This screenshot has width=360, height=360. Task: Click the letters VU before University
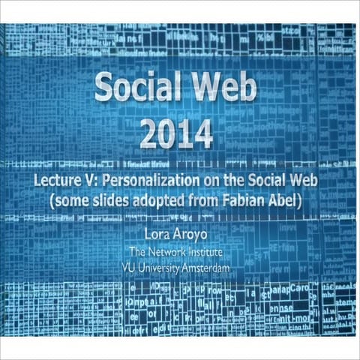(128, 266)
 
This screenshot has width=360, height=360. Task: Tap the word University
(159, 266)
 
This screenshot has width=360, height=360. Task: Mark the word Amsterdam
(203, 266)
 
